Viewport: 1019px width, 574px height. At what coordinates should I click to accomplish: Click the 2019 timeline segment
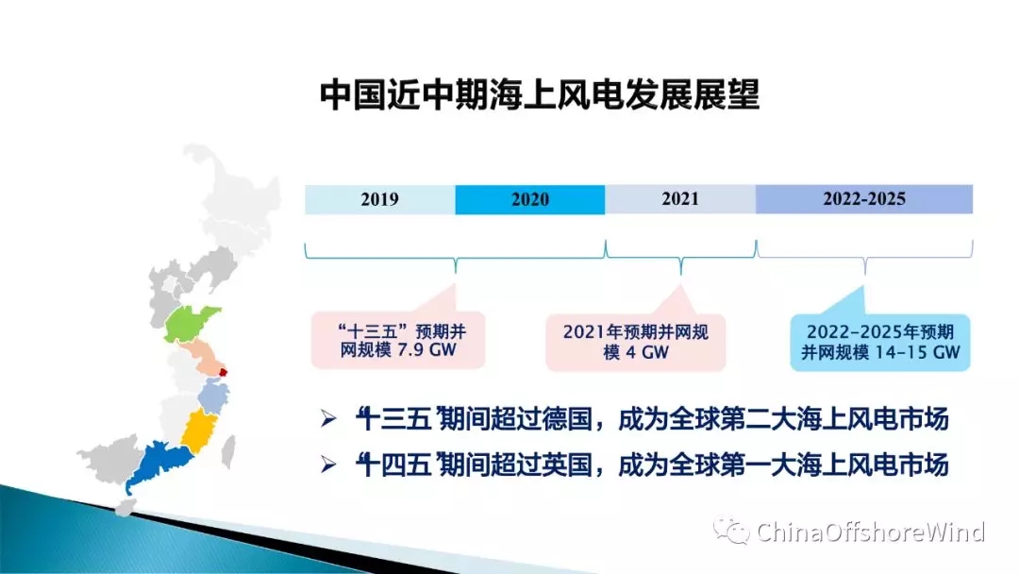pyautogui.click(x=379, y=199)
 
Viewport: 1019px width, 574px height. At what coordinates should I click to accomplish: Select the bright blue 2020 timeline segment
pyautogui.click(x=529, y=199)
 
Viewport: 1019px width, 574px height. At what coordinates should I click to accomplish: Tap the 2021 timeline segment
pyautogui.click(x=680, y=199)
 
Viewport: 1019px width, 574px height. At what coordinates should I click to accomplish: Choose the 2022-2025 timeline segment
pyautogui.click(x=864, y=199)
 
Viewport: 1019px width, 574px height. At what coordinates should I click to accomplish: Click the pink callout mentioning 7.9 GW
pyautogui.click(x=398, y=340)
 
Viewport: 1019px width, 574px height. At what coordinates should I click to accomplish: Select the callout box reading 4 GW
pyautogui.click(x=636, y=342)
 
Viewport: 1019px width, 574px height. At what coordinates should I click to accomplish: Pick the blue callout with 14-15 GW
pyautogui.click(x=880, y=342)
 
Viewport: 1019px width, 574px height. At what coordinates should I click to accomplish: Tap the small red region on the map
pyautogui.click(x=223, y=373)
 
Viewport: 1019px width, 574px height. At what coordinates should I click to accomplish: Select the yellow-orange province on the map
pyautogui.click(x=199, y=430)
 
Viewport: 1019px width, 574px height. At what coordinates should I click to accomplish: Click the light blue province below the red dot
pyautogui.click(x=212, y=396)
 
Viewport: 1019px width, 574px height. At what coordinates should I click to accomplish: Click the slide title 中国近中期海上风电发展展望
pyautogui.click(x=540, y=95)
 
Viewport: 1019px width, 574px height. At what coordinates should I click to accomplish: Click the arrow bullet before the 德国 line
pyautogui.click(x=328, y=418)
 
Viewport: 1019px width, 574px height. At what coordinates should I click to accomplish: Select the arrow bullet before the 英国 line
pyautogui.click(x=328, y=464)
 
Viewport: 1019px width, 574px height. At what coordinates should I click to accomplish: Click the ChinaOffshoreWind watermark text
pyautogui.click(x=870, y=532)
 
